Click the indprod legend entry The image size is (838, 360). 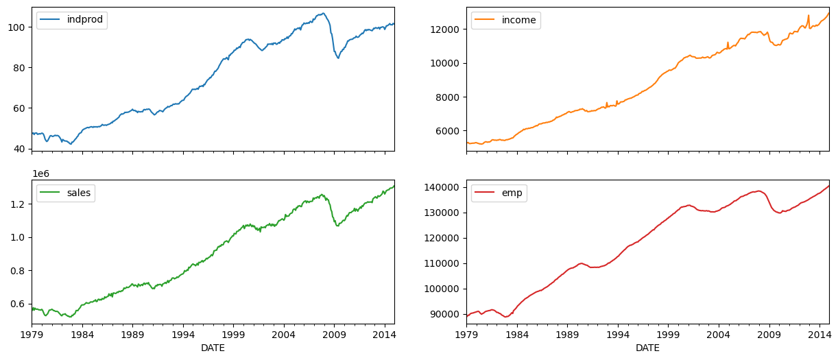pos(72,20)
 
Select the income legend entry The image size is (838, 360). pos(506,20)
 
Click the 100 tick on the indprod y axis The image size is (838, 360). pos(19,27)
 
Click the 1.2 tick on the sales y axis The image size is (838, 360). pos(21,204)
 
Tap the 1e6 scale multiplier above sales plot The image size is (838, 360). pos(39,174)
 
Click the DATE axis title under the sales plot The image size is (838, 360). pos(213,348)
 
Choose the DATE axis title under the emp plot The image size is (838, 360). pos(647,348)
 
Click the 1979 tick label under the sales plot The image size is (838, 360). pos(32,335)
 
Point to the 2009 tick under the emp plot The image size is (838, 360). pos(769,335)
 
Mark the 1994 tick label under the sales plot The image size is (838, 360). pos(183,335)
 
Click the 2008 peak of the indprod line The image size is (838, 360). pos(323,13)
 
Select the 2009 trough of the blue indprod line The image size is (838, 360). pos(338,58)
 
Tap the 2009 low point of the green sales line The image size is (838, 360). pos(337,226)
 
